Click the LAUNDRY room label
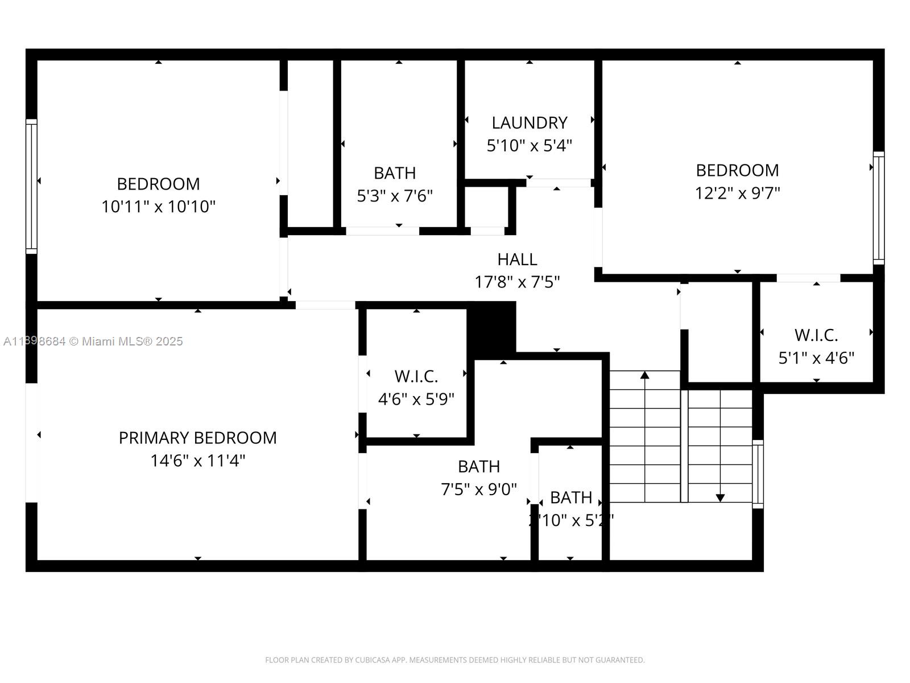tap(529, 123)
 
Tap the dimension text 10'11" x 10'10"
tap(158, 207)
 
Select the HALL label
tap(517, 260)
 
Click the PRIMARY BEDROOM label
tap(197, 438)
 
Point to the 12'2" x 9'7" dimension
tap(737, 194)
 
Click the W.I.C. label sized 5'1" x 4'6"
tap(816, 335)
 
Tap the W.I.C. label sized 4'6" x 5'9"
tap(416, 376)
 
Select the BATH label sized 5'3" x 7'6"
tap(395, 173)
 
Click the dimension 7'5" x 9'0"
tap(479, 489)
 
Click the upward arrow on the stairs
tap(644, 375)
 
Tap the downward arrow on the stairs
tap(720, 497)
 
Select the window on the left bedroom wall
tap(31, 186)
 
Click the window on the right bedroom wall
tap(879, 208)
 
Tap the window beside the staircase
tap(758, 474)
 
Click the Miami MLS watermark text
tap(93, 341)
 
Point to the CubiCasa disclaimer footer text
tap(454, 660)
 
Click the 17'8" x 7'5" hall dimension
tap(517, 282)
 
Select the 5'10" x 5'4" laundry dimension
tap(529, 146)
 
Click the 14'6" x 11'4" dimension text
tap(197, 460)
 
